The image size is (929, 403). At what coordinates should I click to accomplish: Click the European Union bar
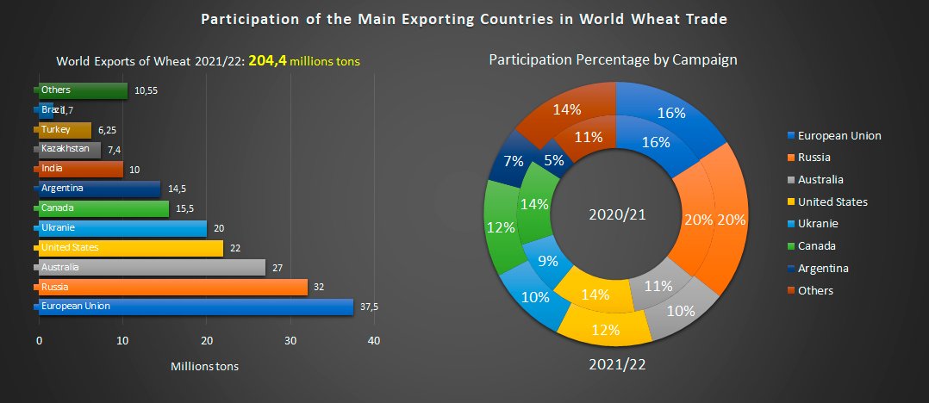coord(195,307)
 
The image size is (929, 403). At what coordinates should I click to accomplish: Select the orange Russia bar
coord(172,287)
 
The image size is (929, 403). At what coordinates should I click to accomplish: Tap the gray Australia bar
coord(152,267)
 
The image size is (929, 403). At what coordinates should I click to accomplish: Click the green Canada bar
coord(103,208)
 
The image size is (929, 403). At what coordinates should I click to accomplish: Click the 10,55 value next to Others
coord(147,90)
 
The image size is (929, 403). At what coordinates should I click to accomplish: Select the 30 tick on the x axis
coord(290,341)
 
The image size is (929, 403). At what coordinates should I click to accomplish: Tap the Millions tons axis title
coord(204,366)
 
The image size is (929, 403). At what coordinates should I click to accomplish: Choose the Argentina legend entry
coord(822,268)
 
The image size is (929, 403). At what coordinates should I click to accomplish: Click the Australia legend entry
coord(820,180)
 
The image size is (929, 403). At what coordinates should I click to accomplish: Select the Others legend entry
coord(814,290)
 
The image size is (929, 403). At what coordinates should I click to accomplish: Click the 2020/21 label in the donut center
coord(616,214)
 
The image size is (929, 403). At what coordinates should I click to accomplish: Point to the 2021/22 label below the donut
coord(617,364)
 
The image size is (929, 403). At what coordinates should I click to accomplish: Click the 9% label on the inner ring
coord(546,261)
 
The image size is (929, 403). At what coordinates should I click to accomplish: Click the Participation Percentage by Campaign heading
coord(613,60)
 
